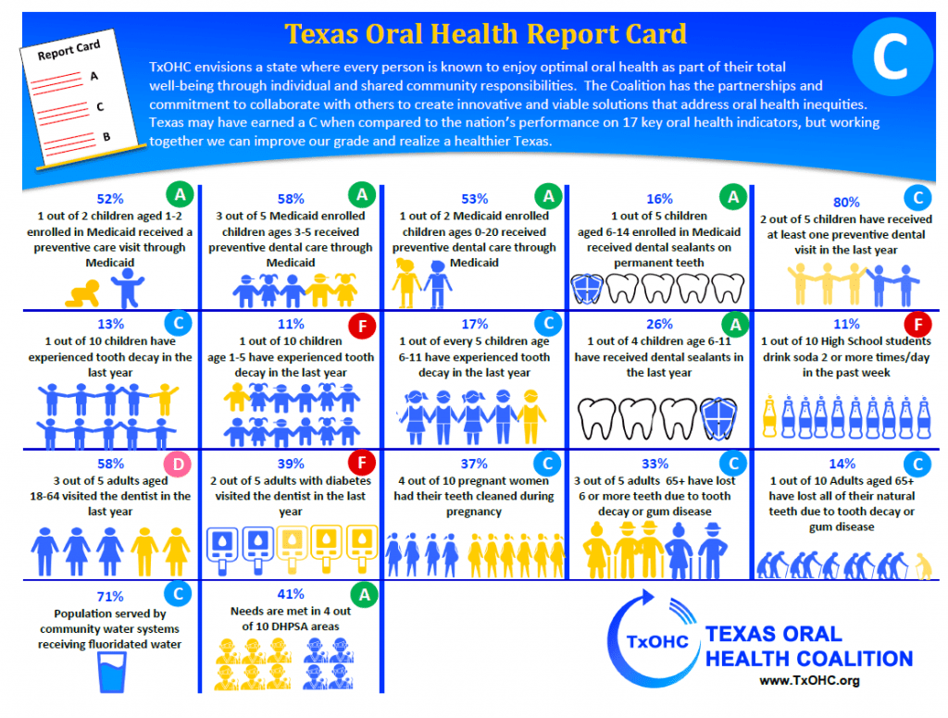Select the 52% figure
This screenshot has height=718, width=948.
[110, 198]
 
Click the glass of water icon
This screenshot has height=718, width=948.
[112, 671]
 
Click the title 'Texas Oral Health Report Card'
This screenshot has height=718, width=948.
[485, 34]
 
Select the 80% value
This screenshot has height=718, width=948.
[846, 203]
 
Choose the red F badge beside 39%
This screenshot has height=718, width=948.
[361, 464]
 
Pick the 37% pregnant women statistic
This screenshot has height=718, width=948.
[474, 464]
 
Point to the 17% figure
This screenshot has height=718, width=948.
[474, 325]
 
